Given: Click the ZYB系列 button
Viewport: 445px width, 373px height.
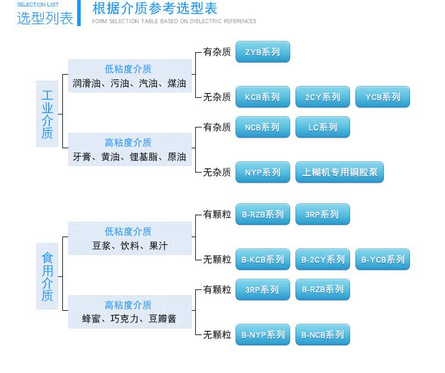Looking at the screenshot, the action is pyautogui.click(x=263, y=52).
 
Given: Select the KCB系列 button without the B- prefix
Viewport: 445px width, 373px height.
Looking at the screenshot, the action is pyautogui.click(x=263, y=97).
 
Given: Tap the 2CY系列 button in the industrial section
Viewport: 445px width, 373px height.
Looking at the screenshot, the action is pyautogui.click(x=323, y=97).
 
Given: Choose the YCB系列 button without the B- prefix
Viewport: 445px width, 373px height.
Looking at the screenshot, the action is pyautogui.click(x=383, y=97).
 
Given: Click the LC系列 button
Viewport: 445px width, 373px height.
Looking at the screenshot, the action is pyautogui.click(x=323, y=127).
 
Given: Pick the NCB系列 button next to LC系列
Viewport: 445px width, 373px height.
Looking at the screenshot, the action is pyautogui.click(x=263, y=127).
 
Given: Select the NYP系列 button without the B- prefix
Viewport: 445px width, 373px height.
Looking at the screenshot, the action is pyautogui.click(x=263, y=172).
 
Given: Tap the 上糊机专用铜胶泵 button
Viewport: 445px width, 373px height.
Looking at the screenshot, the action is pyautogui.click(x=340, y=172).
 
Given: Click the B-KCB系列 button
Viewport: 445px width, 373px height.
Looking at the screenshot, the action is pyautogui.click(x=263, y=259).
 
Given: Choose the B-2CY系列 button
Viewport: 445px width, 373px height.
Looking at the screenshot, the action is pyautogui.click(x=323, y=259).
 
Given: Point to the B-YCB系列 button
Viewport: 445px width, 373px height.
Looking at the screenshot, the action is pyautogui.click(x=383, y=259).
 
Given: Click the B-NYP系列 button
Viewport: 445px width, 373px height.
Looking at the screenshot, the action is pyautogui.click(x=263, y=334).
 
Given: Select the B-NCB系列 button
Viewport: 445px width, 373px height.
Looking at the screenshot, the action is pyautogui.click(x=323, y=334).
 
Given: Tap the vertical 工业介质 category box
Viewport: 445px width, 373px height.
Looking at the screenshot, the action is pyautogui.click(x=47, y=114).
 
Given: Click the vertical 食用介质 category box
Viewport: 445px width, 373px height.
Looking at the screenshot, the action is pyautogui.click(x=47, y=276).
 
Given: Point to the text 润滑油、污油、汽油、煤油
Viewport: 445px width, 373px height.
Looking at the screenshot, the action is pyautogui.click(x=129, y=84).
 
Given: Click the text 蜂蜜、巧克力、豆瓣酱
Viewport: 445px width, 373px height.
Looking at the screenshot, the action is pyautogui.click(x=129, y=319).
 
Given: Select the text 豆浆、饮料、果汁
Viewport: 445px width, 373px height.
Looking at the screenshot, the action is pyautogui.click(x=130, y=246).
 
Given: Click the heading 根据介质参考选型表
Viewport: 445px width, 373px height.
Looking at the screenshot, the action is pyautogui.click(x=155, y=8).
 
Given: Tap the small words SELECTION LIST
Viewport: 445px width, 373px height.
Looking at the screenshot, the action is pyautogui.click(x=38, y=5).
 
